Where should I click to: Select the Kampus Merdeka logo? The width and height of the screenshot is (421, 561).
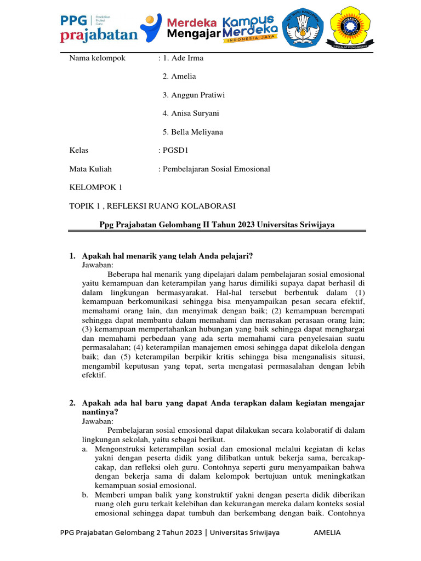coord(253,27)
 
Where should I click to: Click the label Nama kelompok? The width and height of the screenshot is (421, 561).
coord(97,58)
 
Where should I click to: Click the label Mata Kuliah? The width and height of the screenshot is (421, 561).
coord(90,169)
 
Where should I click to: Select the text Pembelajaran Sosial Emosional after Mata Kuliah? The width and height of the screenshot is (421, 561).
coord(216,169)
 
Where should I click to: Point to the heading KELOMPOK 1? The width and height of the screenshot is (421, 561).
coord(96,187)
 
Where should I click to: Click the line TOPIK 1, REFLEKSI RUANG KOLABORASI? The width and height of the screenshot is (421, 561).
coord(152,206)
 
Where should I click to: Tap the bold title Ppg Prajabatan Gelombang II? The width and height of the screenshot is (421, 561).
coord(217,225)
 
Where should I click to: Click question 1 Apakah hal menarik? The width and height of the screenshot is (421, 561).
coord(167,256)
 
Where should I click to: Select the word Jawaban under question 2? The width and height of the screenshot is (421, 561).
coord(98,421)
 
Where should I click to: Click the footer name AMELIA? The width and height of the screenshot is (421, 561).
coord(327,533)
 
